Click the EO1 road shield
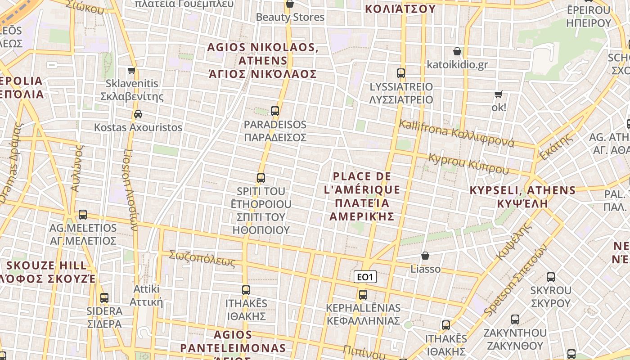click(x=364, y=277)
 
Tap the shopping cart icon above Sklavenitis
click(x=131, y=70)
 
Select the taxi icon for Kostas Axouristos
click(x=138, y=114)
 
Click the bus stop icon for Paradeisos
click(x=275, y=111)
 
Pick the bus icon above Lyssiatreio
click(x=400, y=73)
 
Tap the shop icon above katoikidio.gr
click(x=457, y=51)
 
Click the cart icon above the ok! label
click(x=498, y=94)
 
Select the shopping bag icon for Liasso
click(x=425, y=256)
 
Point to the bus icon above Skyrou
click(x=550, y=277)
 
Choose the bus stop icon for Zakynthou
click(x=515, y=319)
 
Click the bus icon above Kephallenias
click(x=363, y=295)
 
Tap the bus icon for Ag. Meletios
click(x=83, y=215)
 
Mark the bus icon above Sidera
click(x=104, y=297)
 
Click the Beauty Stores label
click(x=290, y=17)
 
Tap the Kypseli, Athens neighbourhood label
click(x=522, y=196)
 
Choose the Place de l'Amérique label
click(x=362, y=196)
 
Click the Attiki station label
click(x=146, y=295)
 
